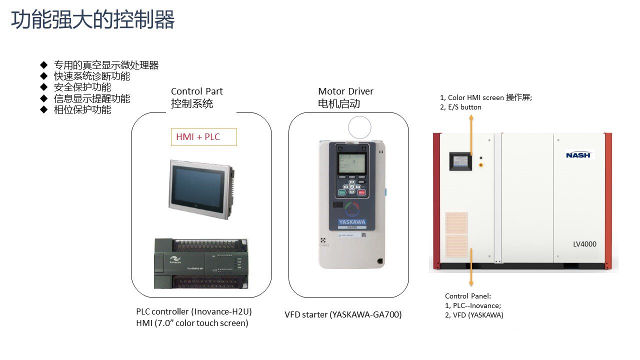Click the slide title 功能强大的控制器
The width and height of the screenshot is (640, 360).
pyautogui.click(x=93, y=20)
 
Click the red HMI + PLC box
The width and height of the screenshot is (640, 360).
pyautogui.click(x=203, y=136)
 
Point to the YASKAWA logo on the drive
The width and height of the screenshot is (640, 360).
pyautogui.click(x=351, y=222)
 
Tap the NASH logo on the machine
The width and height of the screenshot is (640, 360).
pyautogui.click(x=578, y=154)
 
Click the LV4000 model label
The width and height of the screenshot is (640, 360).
pyautogui.click(x=584, y=244)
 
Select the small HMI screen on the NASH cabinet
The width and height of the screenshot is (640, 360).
pyautogui.click(x=460, y=160)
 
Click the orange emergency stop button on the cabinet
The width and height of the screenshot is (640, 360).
pyautogui.click(x=481, y=164)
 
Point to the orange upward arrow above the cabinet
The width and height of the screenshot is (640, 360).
pyautogui.click(x=471, y=135)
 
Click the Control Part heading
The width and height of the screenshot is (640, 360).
pyautogui.click(x=196, y=91)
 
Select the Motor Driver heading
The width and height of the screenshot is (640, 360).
pyautogui.click(x=345, y=91)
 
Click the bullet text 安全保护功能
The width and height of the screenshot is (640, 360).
pyautogui.click(x=82, y=87)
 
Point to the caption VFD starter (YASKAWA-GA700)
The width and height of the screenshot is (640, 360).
pyautogui.click(x=343, y=314)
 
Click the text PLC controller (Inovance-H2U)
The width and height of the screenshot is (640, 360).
pyautogui.click(x=193, y=311)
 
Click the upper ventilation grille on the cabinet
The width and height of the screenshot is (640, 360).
pyautogui.click(x=456, y=222)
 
